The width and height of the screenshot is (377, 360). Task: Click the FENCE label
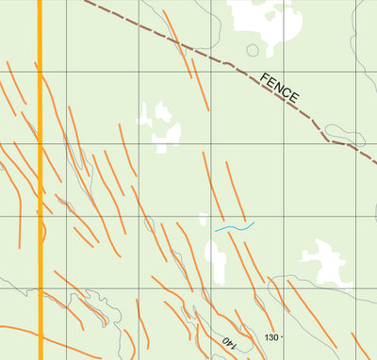(280, 88)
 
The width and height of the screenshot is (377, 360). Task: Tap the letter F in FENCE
(266, 77)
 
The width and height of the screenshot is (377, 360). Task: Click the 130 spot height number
(272, 336)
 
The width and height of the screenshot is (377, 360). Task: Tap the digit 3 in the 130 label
(272, 336)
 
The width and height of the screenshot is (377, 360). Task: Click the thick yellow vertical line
(41, 188)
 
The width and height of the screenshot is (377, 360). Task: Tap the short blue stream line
(235, 227)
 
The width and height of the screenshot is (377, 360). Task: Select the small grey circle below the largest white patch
(253, 50)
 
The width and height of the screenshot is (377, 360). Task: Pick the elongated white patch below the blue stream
(219, 259)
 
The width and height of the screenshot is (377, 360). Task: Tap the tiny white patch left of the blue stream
(203, 220)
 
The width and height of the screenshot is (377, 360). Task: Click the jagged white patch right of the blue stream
(320, 262)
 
